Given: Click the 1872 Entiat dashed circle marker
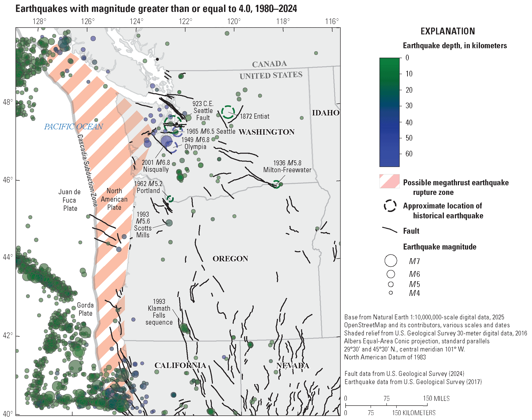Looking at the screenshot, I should coord(228,112).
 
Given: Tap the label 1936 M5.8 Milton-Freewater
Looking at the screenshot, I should coord(287,167).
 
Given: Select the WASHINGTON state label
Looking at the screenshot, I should coord(266,132).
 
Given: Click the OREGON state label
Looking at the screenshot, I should coord(230,259).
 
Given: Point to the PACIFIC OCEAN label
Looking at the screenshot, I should coord(73,127).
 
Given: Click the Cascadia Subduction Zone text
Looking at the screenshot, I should coord(87,171).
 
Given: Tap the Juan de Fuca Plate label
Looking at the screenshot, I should coord(70,200).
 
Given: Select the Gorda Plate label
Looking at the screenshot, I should coord(85,309).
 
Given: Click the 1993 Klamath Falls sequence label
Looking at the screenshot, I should coord(159,312).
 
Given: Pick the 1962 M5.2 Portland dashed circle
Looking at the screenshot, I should coord(170,198).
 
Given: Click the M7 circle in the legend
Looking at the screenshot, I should coord(391,261).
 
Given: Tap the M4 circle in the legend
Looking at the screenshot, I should coord(391,293).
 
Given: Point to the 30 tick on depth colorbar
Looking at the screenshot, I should coord(409,106).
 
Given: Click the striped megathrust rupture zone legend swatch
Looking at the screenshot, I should coord(389,181).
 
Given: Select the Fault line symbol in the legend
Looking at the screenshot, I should coord(390,230).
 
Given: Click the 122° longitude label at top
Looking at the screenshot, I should coord(185,22).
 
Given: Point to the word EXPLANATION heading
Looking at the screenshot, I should coord(448,31).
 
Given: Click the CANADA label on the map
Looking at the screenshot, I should coord(269,64).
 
